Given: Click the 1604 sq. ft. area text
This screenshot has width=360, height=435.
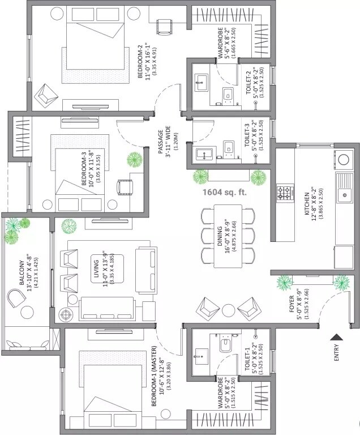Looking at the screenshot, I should (225, 192).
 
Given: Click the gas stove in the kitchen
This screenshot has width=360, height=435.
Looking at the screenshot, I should (284, 193).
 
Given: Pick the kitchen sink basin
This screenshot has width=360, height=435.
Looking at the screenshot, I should (343, 196).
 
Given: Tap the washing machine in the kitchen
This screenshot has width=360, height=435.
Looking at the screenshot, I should (343, 160).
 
